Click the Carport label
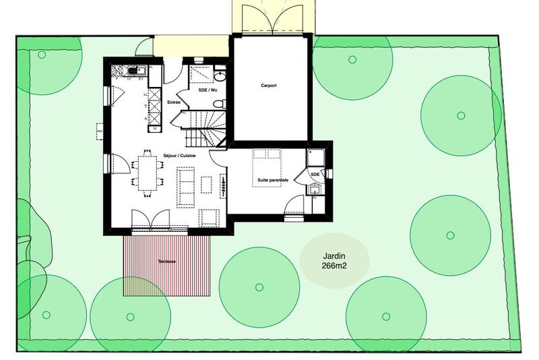click(269, 86)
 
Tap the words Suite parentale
click(273, 180)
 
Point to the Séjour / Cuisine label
click(179, 155)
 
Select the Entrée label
click(174, 102)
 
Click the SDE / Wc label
click(208, 90)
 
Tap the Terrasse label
click(166, 261)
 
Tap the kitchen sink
click(137, 69)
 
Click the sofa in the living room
click(185, 187)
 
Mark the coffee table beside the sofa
click(206, 185)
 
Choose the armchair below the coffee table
click(209, 217)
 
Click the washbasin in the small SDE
click(315, 189)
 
